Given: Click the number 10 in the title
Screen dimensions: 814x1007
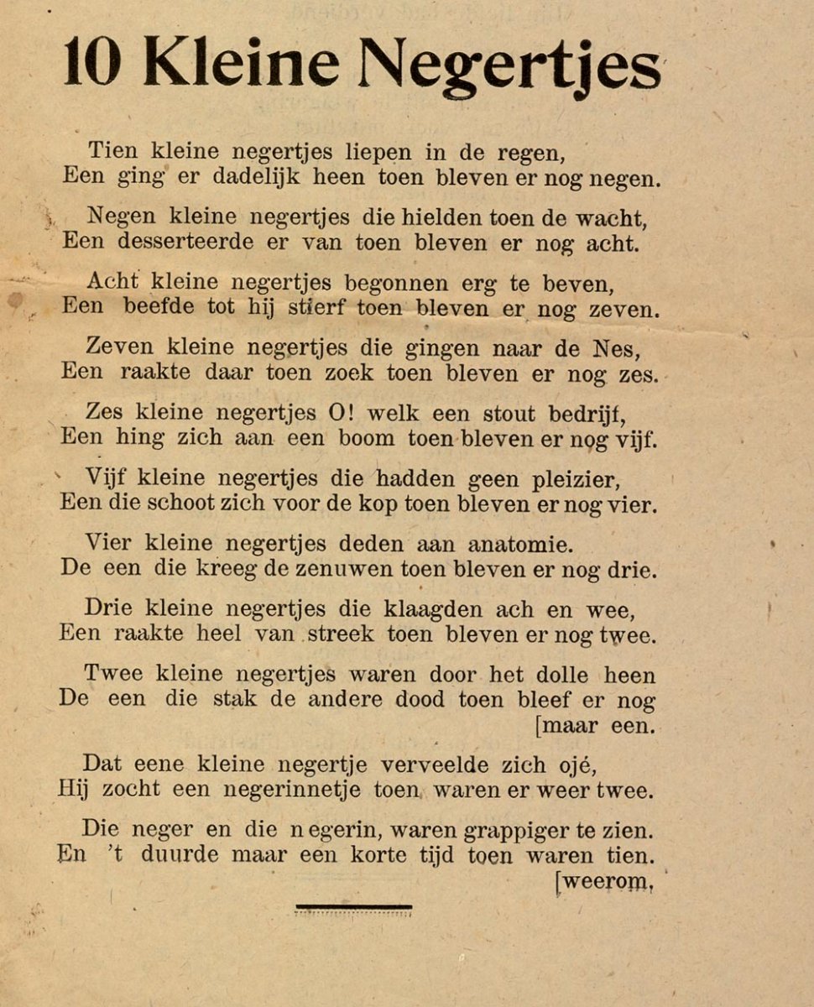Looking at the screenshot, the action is [91, 65].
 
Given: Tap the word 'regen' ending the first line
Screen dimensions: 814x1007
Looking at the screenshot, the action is [527, 154].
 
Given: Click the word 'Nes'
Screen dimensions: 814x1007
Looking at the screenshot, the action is [624, 347].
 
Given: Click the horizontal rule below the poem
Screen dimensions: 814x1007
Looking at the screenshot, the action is [353, 906].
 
